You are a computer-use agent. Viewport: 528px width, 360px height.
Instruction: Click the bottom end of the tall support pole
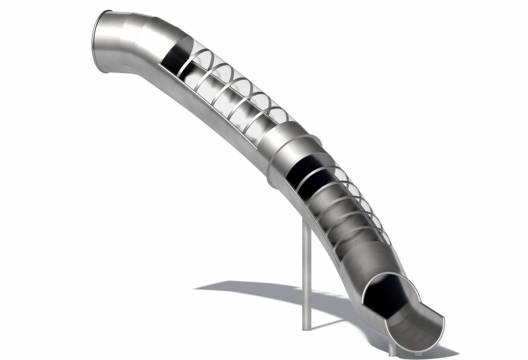coord(306,328)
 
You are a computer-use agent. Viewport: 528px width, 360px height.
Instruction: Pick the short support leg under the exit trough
coord(391,350)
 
